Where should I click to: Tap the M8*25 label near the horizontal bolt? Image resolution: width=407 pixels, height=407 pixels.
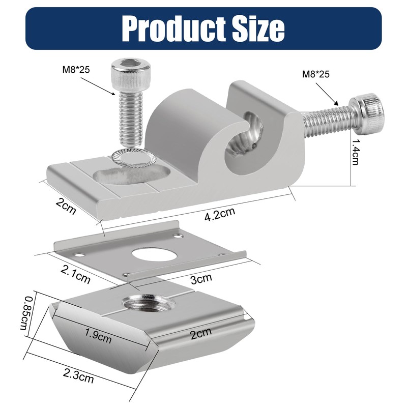click(x=316, y=74)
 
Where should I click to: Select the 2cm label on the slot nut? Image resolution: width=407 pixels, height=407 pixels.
click(x=200, y=334)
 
